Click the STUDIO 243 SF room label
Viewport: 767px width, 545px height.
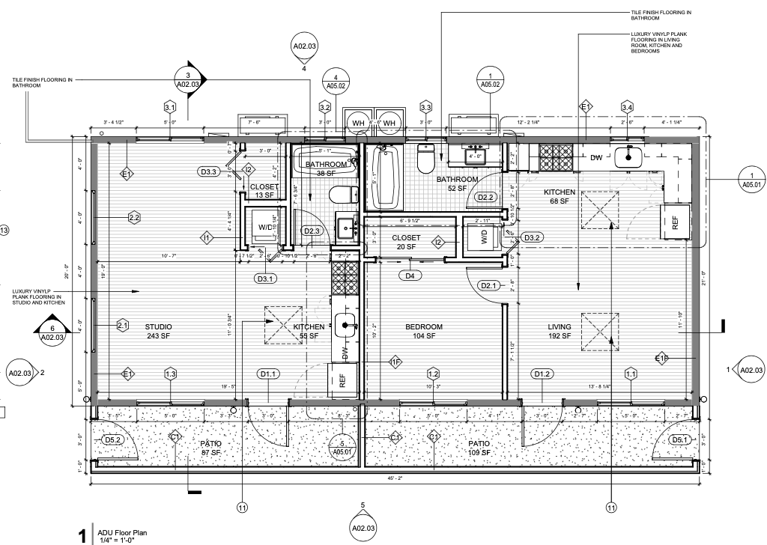point(159,332)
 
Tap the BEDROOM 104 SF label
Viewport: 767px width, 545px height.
point(424,332)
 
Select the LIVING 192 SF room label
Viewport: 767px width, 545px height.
point(560,332)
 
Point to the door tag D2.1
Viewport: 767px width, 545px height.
point(488,285)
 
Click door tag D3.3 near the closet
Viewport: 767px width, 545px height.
point(209,172)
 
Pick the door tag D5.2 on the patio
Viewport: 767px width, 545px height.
point(113,439)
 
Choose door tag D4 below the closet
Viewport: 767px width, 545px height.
point(410,275)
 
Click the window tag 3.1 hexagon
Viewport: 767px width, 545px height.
point(170,107)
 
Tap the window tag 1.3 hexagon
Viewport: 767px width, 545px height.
point(171,374)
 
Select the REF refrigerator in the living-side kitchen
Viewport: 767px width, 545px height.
point(674,222)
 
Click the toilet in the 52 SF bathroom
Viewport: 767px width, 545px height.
point(426,158)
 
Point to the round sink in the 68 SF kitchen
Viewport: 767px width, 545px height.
point(626,156)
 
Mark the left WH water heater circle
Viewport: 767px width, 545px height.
point(358,123)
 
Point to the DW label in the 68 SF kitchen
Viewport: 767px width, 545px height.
point(596,158)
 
